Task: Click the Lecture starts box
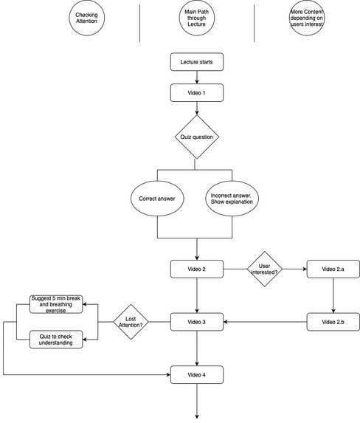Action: [197, 62]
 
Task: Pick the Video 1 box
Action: [197, 93]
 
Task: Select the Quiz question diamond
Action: [197, 137]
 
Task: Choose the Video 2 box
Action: [197, 269]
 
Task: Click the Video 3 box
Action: [197, 322]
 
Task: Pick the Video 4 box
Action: [197, 375]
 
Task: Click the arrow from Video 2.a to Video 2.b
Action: [333, 295]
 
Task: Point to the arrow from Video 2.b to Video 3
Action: [266, 322]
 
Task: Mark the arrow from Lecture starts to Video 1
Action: [197, 78]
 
